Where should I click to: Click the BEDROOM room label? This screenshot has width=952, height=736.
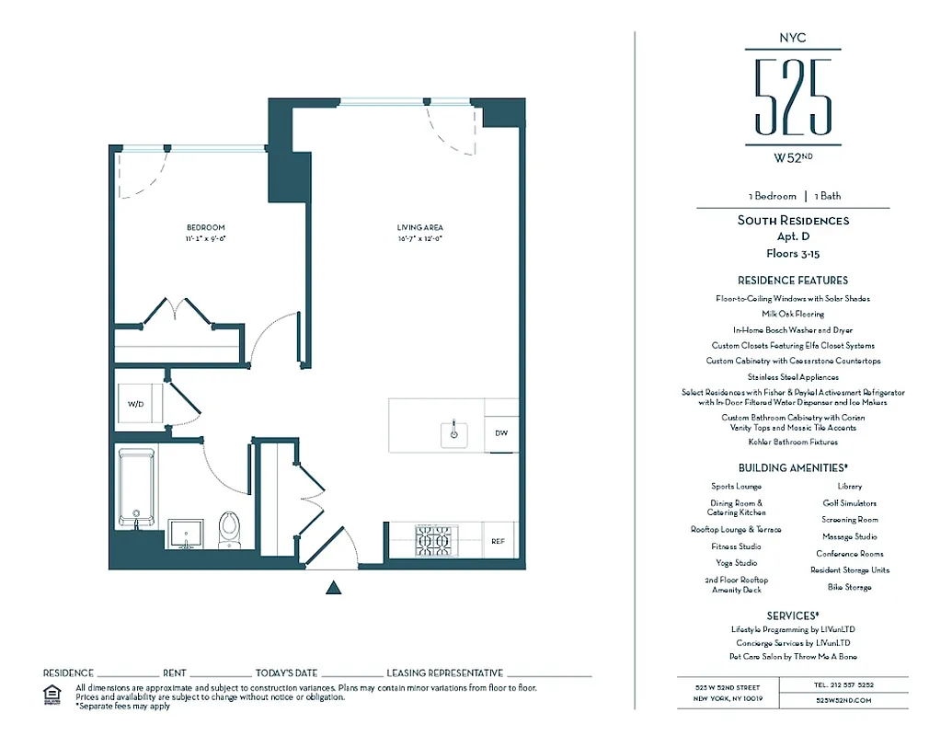(205, 227)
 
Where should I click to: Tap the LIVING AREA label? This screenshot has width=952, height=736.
(420, 227)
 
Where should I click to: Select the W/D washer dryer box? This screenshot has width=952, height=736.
(136, 404)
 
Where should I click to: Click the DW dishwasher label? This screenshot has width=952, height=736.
(501, 432)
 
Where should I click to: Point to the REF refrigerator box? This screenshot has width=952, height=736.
(499, 542)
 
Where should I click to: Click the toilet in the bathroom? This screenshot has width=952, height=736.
(229, 530)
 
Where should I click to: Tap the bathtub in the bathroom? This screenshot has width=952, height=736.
(137, 487)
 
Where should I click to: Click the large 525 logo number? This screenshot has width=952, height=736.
(792, 97)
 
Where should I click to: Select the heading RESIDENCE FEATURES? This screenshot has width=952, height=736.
(792, 280)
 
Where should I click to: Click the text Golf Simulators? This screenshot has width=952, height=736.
(849, 503)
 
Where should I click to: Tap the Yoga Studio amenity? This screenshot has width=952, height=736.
(736, 563)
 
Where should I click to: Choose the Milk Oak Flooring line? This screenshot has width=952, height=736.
(792, 314)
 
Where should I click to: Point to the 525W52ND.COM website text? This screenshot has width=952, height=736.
(843, 700)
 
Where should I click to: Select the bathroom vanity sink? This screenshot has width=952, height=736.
(188, 534)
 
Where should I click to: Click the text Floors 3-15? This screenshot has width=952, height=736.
(792, 252)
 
